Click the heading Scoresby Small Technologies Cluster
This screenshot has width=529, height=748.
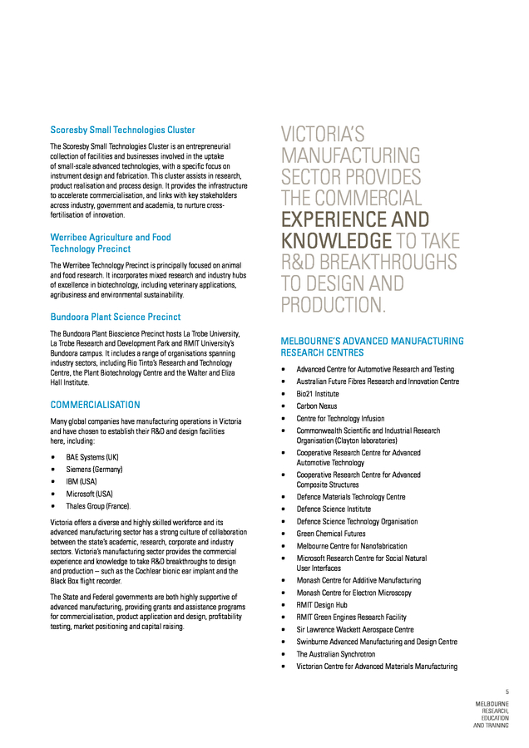(122, 130)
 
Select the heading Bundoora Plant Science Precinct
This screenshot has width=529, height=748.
(115, 317)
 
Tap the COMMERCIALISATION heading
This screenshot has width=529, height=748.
(95, 405)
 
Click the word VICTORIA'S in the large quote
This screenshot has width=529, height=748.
(324, 134)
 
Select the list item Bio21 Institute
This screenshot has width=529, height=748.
(318, 394)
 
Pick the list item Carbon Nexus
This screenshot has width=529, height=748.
(317, 406)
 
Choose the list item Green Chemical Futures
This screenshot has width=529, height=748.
(331, 533)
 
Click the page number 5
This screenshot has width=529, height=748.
(507, 691)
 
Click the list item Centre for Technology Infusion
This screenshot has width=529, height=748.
(340, 418)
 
